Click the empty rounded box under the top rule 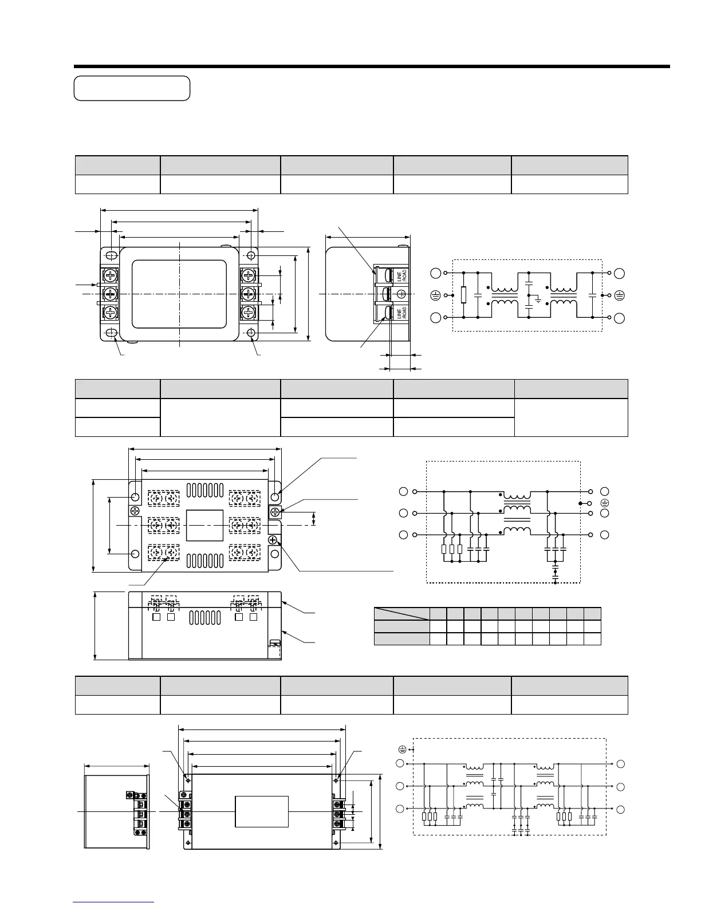(132, 88)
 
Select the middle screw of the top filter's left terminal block (110, 294)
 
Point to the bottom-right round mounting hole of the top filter (251, 333)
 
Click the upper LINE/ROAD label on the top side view (402, 275)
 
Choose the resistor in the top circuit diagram (463, 295)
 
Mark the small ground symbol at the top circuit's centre (537, 299)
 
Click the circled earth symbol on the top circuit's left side (435, 295)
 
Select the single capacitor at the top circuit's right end (592, 295)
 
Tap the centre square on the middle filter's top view (204, 525)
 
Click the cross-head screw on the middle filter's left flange (136, 511)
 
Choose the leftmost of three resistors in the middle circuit (444, 549)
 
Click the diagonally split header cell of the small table (401, 613)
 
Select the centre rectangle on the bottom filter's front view (262, 811)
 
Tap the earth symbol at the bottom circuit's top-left (402, 750)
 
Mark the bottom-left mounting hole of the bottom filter (188, 845)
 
